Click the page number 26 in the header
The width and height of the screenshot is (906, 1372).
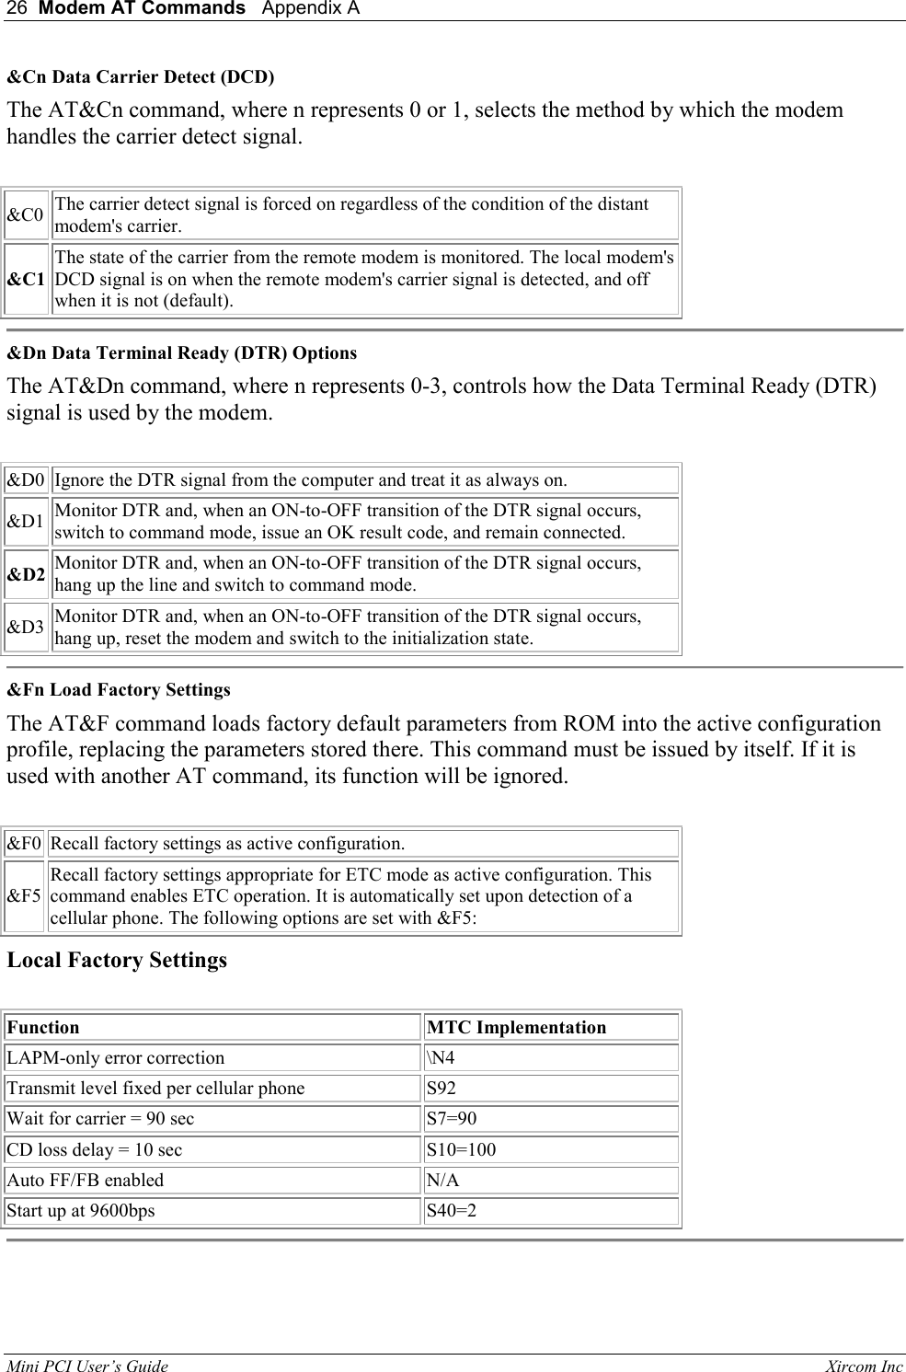[16, 9]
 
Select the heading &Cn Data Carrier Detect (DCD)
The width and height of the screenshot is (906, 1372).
[141, 76]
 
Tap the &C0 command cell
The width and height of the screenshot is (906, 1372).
[26, 215]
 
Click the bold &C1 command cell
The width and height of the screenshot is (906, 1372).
[27, 280]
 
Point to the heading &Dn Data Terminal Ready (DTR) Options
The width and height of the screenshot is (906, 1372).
[182, 353]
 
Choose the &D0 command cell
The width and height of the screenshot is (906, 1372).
[26, 480]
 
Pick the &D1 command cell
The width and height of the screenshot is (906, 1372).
[26, 522]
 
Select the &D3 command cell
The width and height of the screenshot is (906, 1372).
[26, 628]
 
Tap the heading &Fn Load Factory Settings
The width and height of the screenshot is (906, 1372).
[119, 690]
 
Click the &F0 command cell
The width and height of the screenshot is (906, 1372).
[24, 844]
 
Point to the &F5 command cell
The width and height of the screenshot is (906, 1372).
[24, 896]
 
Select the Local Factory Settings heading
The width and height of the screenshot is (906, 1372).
[117, 961]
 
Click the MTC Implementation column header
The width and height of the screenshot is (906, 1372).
[516, 1028]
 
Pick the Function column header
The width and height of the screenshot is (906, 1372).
[43, 1028]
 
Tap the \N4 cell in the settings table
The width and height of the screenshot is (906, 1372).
[441, 1058]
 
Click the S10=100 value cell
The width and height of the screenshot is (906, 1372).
[461, 1150]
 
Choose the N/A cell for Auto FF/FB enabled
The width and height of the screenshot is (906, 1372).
[442, 1181]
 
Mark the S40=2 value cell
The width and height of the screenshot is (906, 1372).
[452, 1211]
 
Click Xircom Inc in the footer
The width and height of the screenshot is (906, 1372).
[864, 1366]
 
